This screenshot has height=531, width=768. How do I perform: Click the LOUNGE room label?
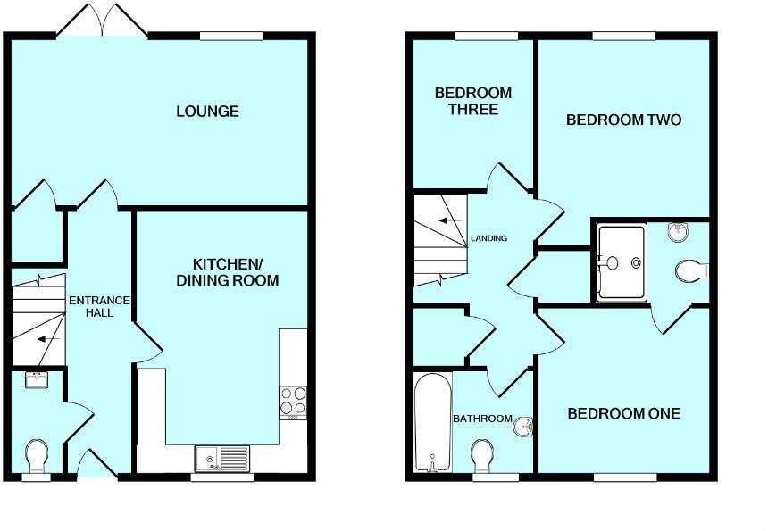coord(207,112)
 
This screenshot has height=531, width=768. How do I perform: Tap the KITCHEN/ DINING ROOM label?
coord(236,272)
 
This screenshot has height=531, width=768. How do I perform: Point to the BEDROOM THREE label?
coord(472,101)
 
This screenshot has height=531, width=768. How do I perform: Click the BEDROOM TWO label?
coord(624,120)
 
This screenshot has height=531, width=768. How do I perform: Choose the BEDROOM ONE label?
coord(624,413)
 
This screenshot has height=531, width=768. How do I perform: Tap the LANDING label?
coord(488,238)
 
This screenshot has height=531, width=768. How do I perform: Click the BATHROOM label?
coord(482,419)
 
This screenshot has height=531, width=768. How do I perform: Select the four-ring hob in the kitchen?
coord(293,402)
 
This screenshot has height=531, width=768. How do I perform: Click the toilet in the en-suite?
coord(692,269)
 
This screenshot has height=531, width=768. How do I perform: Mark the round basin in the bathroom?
coord(523,427)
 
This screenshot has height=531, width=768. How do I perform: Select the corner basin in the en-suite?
coord(679,232)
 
